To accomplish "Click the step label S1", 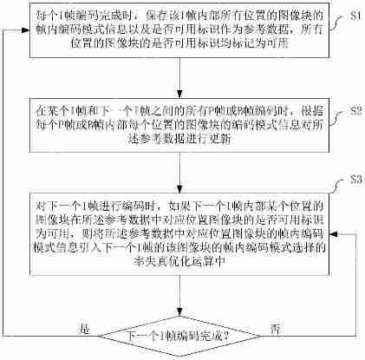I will tap(352, 16).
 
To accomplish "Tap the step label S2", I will tap(352, 113).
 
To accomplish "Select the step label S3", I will tap(352, 180).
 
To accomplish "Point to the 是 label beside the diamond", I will tap(84, 329).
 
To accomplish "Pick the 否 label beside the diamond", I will tap(275, 329).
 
